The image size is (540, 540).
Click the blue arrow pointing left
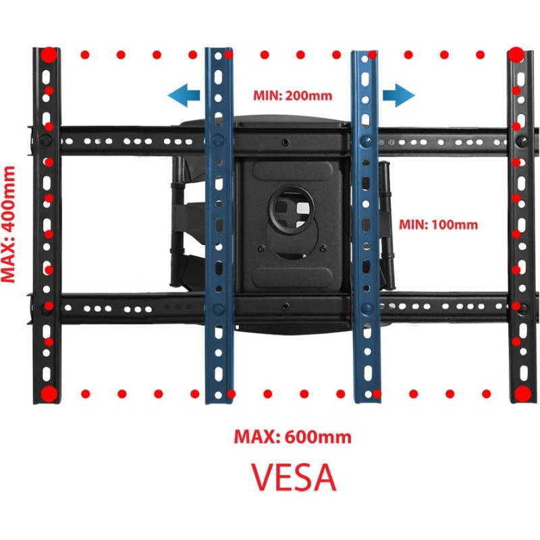tap(183, 94)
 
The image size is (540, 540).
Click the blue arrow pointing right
tap(398, 95)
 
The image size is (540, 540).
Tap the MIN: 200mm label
tap(292, 95)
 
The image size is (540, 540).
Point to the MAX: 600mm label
tap(292, 437)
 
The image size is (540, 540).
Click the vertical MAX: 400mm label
tap(9, 222)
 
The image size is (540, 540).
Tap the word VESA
tap(294, 477)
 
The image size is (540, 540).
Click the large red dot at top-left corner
tap(49, 55)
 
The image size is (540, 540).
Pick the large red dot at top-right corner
tap(516, 55)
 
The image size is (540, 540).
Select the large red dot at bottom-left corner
tap(49, 394)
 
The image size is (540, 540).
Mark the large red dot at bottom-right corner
tap(522, 394)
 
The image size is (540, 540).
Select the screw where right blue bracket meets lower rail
tap(365, 309)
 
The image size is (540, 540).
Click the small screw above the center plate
tap(286, 142)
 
